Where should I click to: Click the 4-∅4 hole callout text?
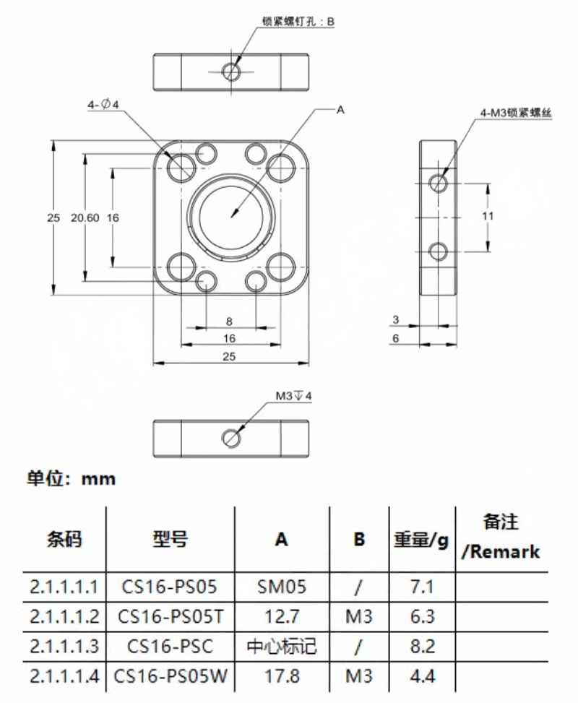point(102,105)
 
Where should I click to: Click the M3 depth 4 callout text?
point(293,396)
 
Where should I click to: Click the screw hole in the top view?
point(231,71)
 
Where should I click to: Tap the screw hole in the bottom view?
point(230,436)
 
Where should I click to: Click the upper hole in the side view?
point(439,181)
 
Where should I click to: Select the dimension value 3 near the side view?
point(395,319)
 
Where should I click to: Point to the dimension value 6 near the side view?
point(395,338)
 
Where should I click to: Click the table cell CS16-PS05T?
point(171,616)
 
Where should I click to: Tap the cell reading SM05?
point(282,586)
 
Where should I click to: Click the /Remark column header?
point(501,552)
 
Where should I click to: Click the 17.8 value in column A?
point(282,677)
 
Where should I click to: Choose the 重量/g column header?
point(421,540)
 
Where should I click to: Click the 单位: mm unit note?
point(71,479)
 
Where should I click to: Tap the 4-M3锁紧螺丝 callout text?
point(515,113)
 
